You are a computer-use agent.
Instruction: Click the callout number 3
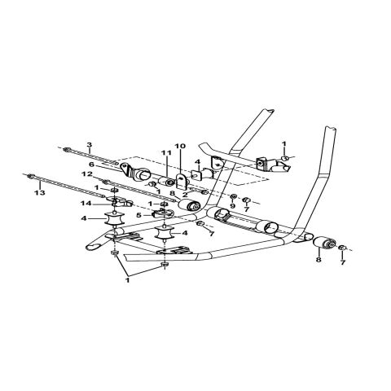[89, 144]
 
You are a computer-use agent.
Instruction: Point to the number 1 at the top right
[283, 143]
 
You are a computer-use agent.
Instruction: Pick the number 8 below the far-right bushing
[318, 260]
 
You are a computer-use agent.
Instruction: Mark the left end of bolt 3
[63, 148]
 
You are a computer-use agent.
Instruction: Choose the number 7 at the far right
[343, 261]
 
